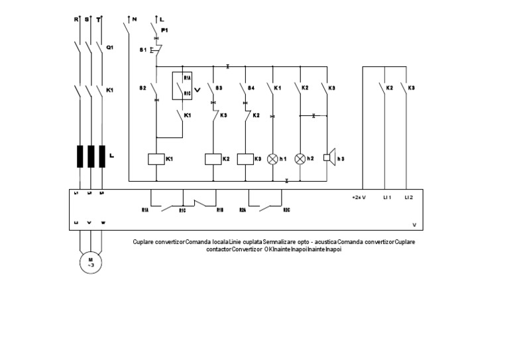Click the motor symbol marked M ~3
(x=87, y=262)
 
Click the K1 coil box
(x=155, y=159)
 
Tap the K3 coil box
(x=245, y=159)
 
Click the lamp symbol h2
(x=300, y=159)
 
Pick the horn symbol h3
(x=327, y=158)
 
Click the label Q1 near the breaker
(x=110, y=47)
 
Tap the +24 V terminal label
(x=359, y=197)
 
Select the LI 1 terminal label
(x=387, y=197)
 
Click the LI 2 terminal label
(x=409, y=197)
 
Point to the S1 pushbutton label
(x=143, y=50)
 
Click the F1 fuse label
(x=165, y=31)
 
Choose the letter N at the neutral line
(x=135, y=20)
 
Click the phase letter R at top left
(x=76, y=20)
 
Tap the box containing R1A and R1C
(x=182, y=86)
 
